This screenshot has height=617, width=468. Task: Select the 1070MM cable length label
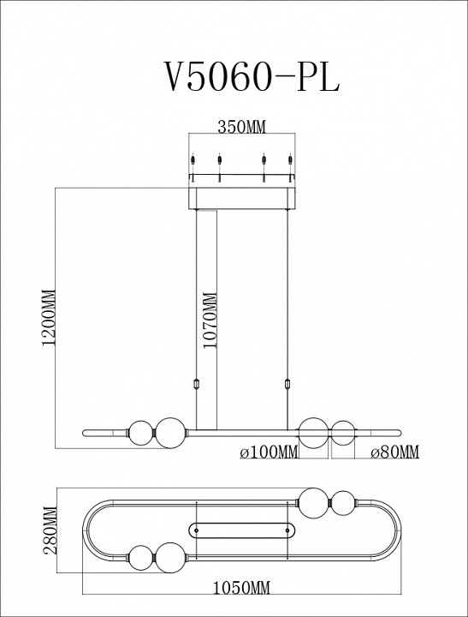pyautogui.click(x=210, y=318)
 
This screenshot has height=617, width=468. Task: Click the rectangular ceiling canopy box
pyautogui.click(x=243, y=196)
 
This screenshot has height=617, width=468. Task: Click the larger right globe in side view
pyautogui.click(x=313, y=432)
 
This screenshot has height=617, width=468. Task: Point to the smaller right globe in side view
pyautogui.click(x=342, y=432)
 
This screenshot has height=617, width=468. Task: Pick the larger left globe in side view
pyautogui.click(x=169, y=432)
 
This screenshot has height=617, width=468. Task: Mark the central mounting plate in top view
pyautogui.click(x=243, y=528)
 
